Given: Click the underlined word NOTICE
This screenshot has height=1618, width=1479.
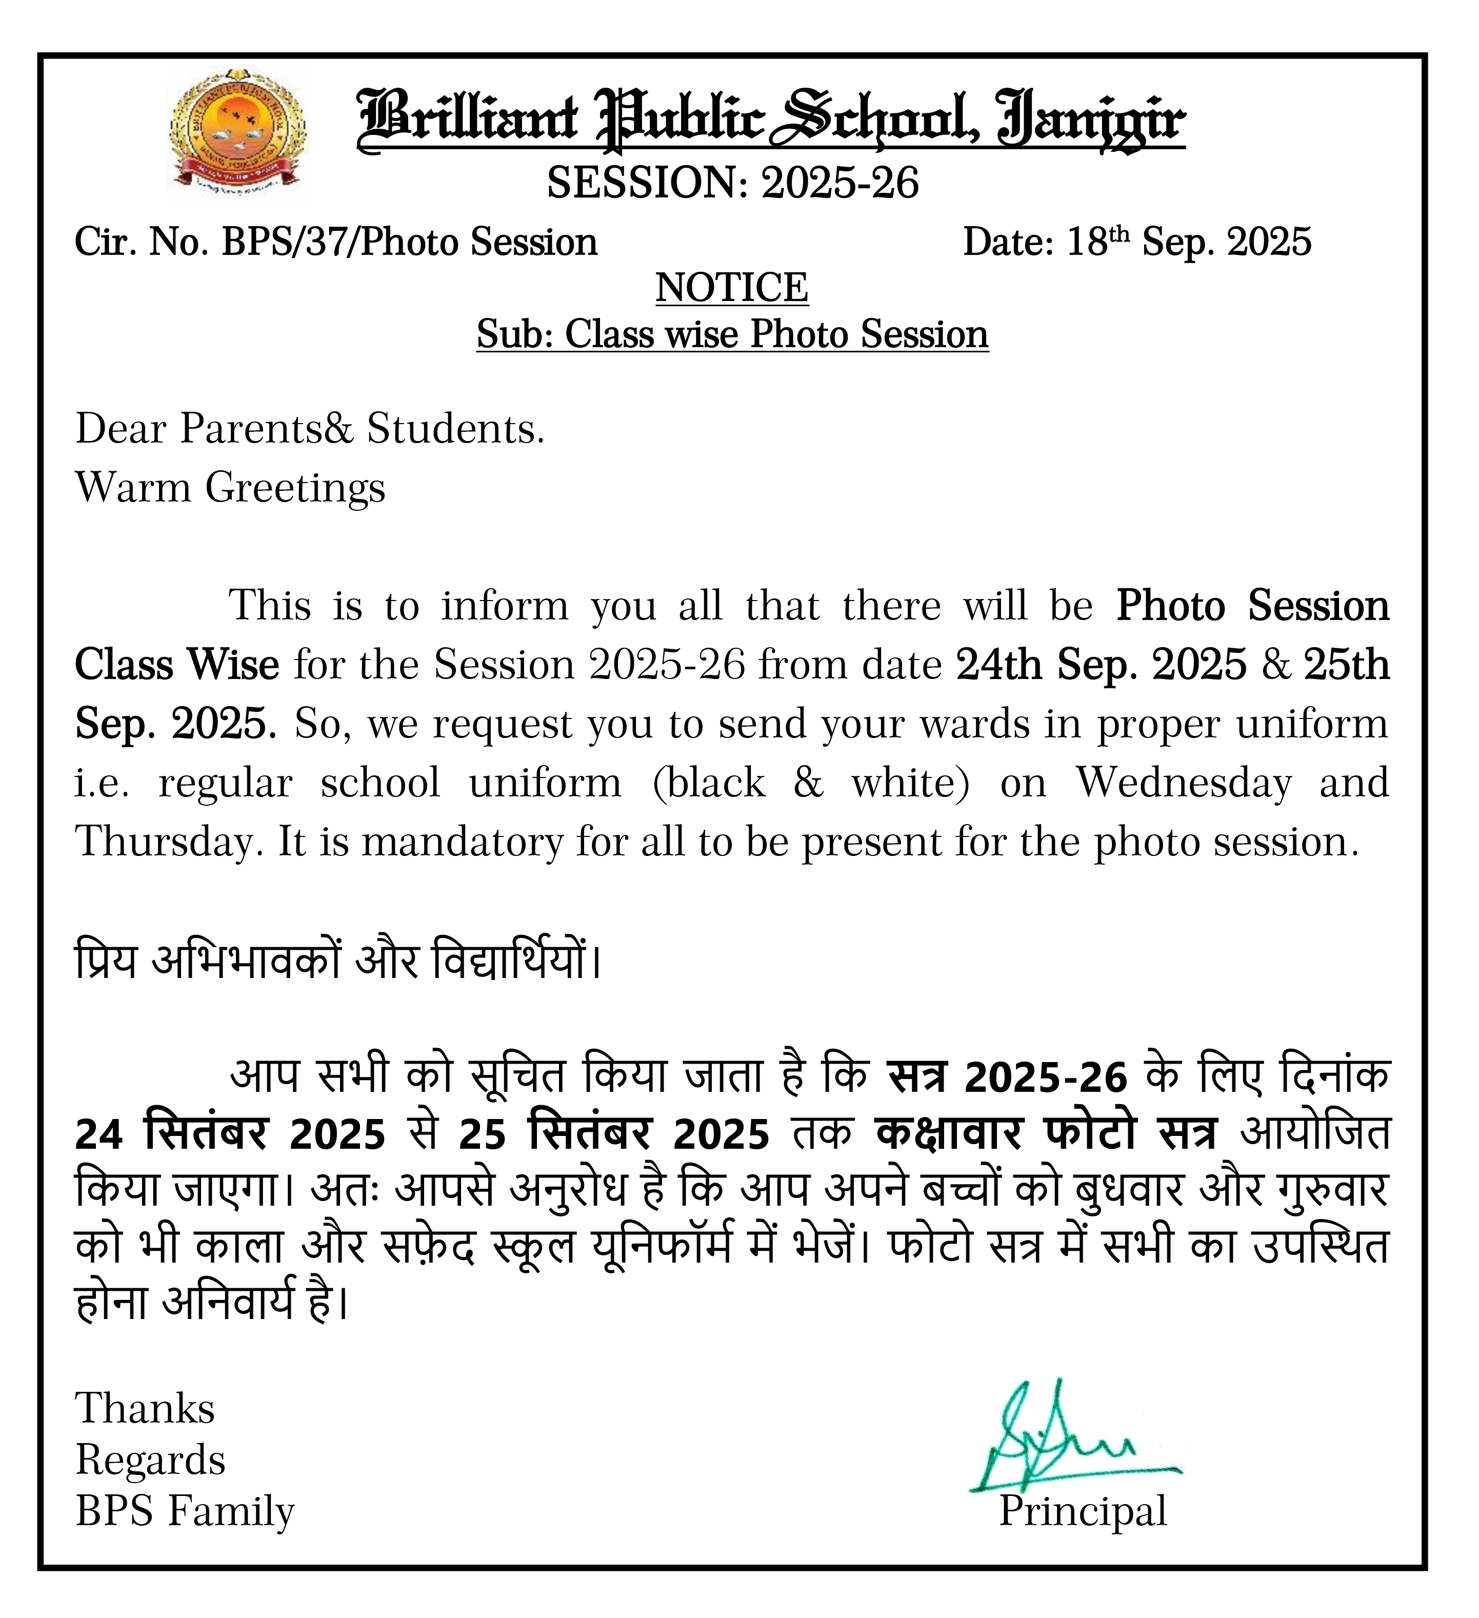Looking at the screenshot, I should pyautogui.click(x=732, y=287).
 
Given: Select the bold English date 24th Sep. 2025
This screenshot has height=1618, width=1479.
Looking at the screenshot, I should pyautogui.click(x=1101, y=665).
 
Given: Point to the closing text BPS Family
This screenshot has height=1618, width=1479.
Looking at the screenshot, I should pyautogui.click(x=185, y=1511).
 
